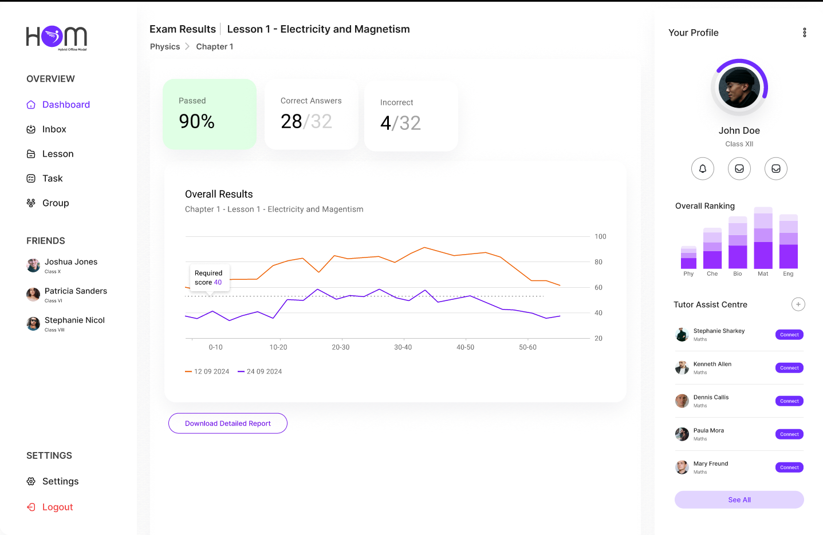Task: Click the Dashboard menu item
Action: [65, 105]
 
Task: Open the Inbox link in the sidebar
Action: [54, 129]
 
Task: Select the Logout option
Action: [57, 507]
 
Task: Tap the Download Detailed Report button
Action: [227, 423]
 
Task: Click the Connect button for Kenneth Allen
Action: [789, 368]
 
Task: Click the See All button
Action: [739, 500]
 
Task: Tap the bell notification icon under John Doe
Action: [702, 169]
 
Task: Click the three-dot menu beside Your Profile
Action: [804, 33]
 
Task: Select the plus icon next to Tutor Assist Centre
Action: [798, 304]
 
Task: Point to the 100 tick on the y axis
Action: [600, 236]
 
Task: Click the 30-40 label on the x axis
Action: [403, 347]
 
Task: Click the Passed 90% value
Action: [196, 121]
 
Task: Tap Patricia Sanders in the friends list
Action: [76, 291]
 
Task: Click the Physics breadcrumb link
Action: [165, 47]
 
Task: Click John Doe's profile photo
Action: [739, 88]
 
